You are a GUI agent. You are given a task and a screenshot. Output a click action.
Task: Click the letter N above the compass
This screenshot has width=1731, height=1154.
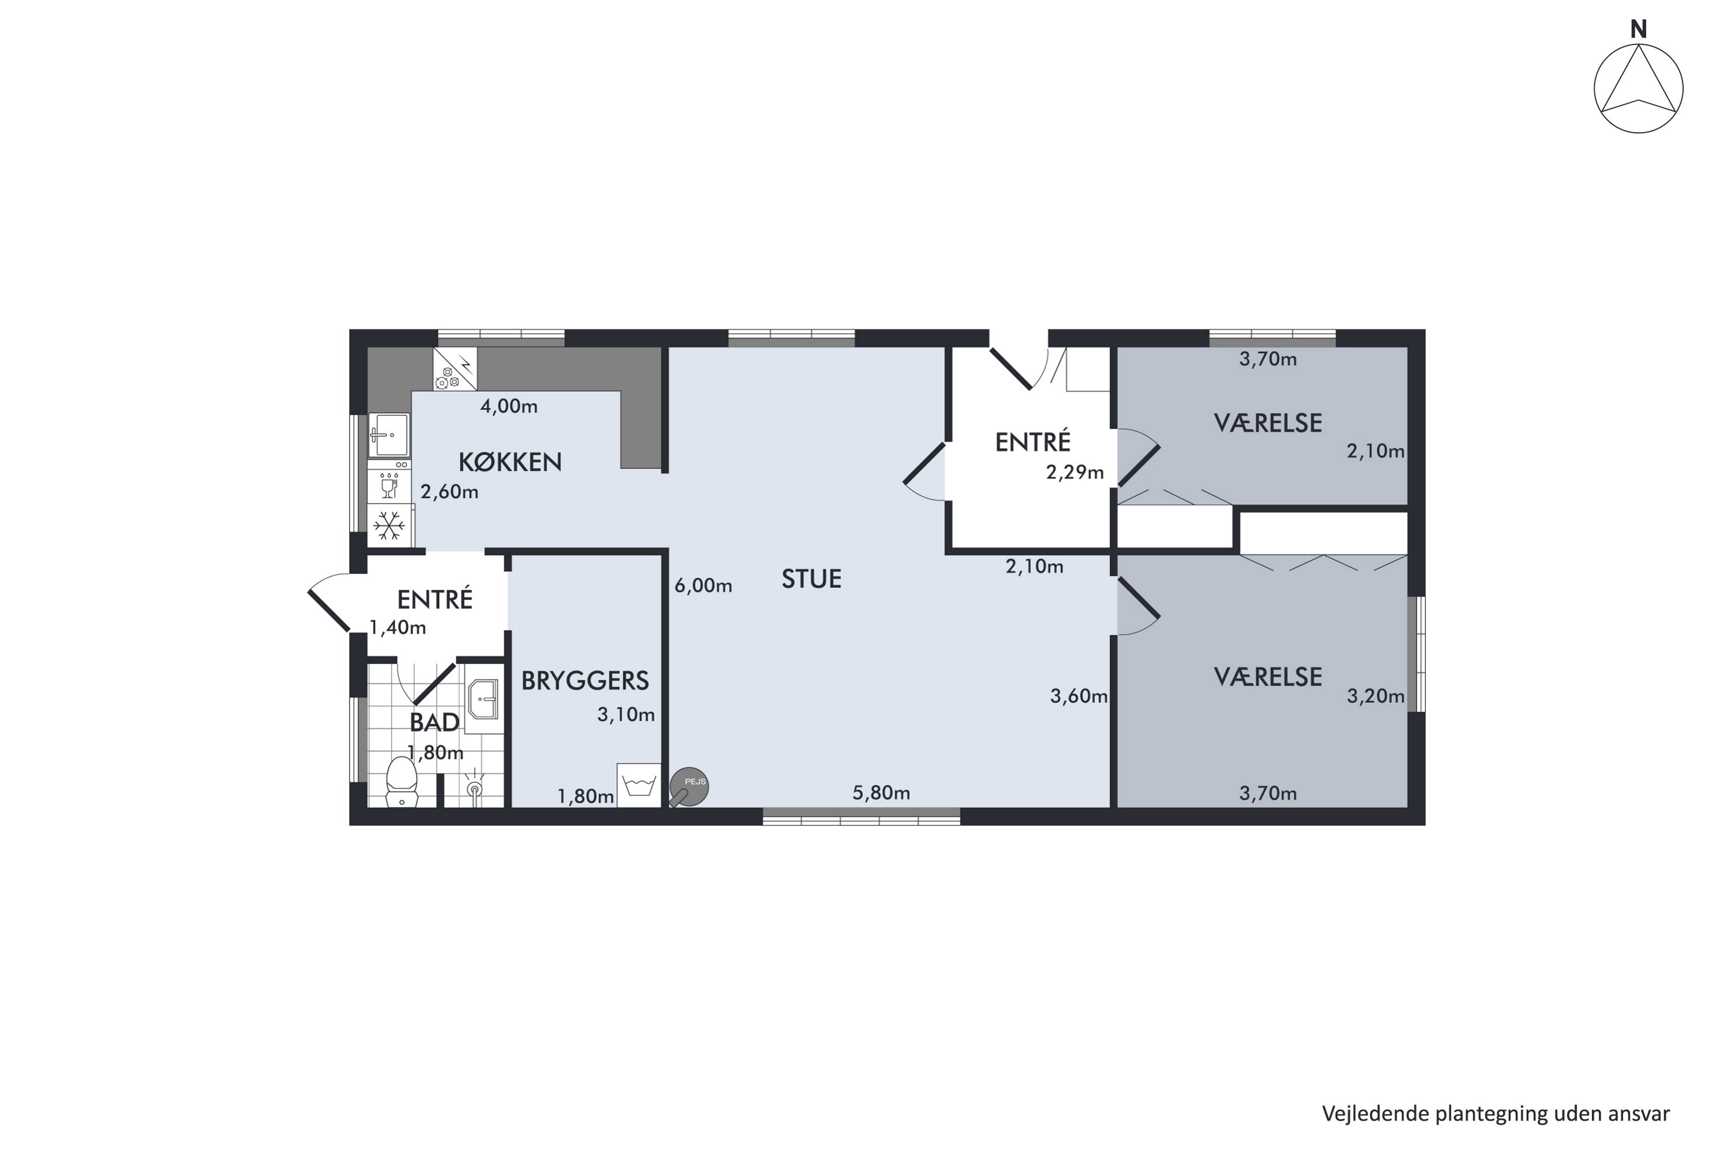[1638, 29]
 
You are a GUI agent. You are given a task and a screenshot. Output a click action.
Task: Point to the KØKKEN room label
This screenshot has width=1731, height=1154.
[510, 462]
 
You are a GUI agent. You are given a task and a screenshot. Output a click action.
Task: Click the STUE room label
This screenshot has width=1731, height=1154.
[811, 579]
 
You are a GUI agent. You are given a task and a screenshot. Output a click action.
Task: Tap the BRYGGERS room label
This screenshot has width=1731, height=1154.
[585, 681]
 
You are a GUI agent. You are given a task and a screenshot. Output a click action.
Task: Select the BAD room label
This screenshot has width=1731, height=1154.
[434, 723]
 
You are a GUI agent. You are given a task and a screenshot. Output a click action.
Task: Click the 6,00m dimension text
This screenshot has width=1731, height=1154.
[703, 586]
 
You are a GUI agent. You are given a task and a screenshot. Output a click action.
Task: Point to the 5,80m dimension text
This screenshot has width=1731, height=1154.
[881, 793]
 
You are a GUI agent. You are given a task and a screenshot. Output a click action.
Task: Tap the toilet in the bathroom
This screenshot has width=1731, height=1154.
[402, 782]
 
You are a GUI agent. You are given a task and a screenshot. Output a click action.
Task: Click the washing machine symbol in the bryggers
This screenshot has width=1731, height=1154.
[639, 785]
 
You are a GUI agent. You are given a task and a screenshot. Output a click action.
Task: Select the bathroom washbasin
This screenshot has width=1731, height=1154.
[484, 698]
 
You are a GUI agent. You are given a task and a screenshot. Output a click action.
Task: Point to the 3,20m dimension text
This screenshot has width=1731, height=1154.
[1376, 696]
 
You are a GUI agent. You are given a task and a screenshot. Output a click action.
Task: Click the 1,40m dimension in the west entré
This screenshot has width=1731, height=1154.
[398, 628]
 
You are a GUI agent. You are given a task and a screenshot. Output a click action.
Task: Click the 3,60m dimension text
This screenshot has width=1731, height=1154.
[1079, 696]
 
